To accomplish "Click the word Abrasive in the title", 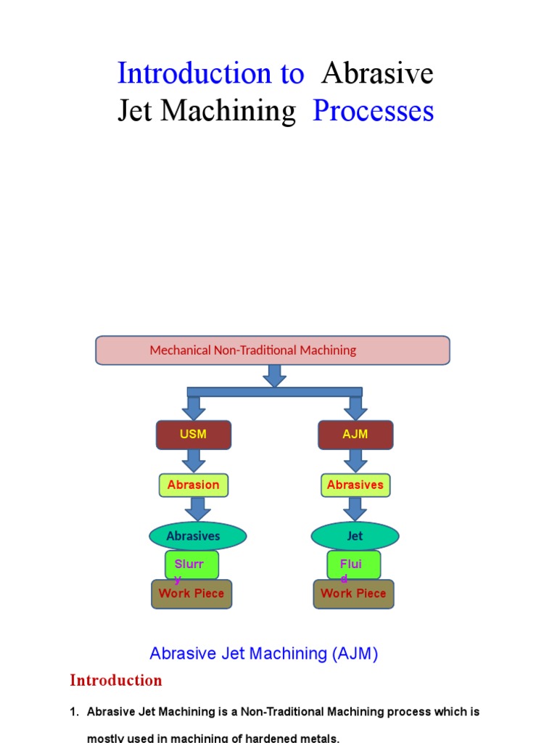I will [x=377, y=73].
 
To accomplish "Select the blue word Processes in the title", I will [x=373, y=111].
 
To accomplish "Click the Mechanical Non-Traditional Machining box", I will [x=273, y=350].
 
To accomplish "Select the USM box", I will [x=194, y=435].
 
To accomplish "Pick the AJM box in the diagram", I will [x=355, y=435].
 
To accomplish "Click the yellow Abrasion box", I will [x=194, y=485].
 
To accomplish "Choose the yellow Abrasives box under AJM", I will [x=355, y=485].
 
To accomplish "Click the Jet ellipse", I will [x=355, y=536].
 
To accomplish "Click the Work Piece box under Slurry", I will [x=191, y=594].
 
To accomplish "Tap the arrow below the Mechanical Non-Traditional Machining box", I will [x=274, y=375].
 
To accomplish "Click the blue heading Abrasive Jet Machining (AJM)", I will [x=264, y=654].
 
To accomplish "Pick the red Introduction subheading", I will [x=116, y=681].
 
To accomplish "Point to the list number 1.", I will [x=74, y=713].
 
